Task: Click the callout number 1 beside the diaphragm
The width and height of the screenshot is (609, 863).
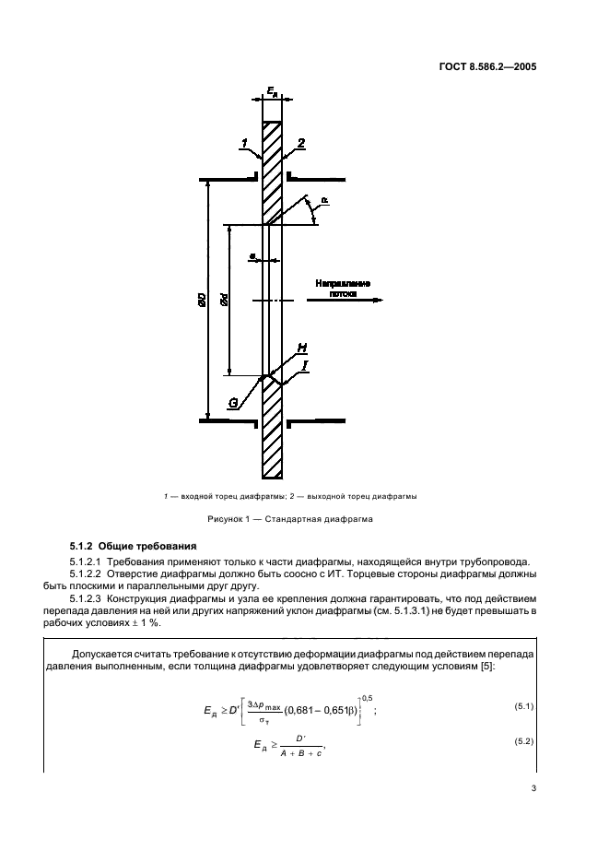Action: coord(245,143)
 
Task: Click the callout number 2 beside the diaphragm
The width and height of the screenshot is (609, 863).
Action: coord(300,143)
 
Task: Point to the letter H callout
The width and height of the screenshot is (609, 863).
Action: coord(303,348)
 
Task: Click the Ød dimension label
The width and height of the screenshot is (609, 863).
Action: coord(225,301)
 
